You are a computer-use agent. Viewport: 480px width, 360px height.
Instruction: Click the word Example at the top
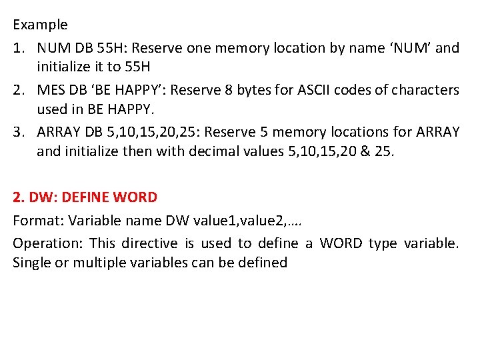click(40, 25)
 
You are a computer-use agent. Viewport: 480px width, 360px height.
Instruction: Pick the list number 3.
click(18, 132)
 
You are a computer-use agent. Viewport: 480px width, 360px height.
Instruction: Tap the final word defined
click(265, 263)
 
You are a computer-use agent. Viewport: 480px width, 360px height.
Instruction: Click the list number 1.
click(18, 48)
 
